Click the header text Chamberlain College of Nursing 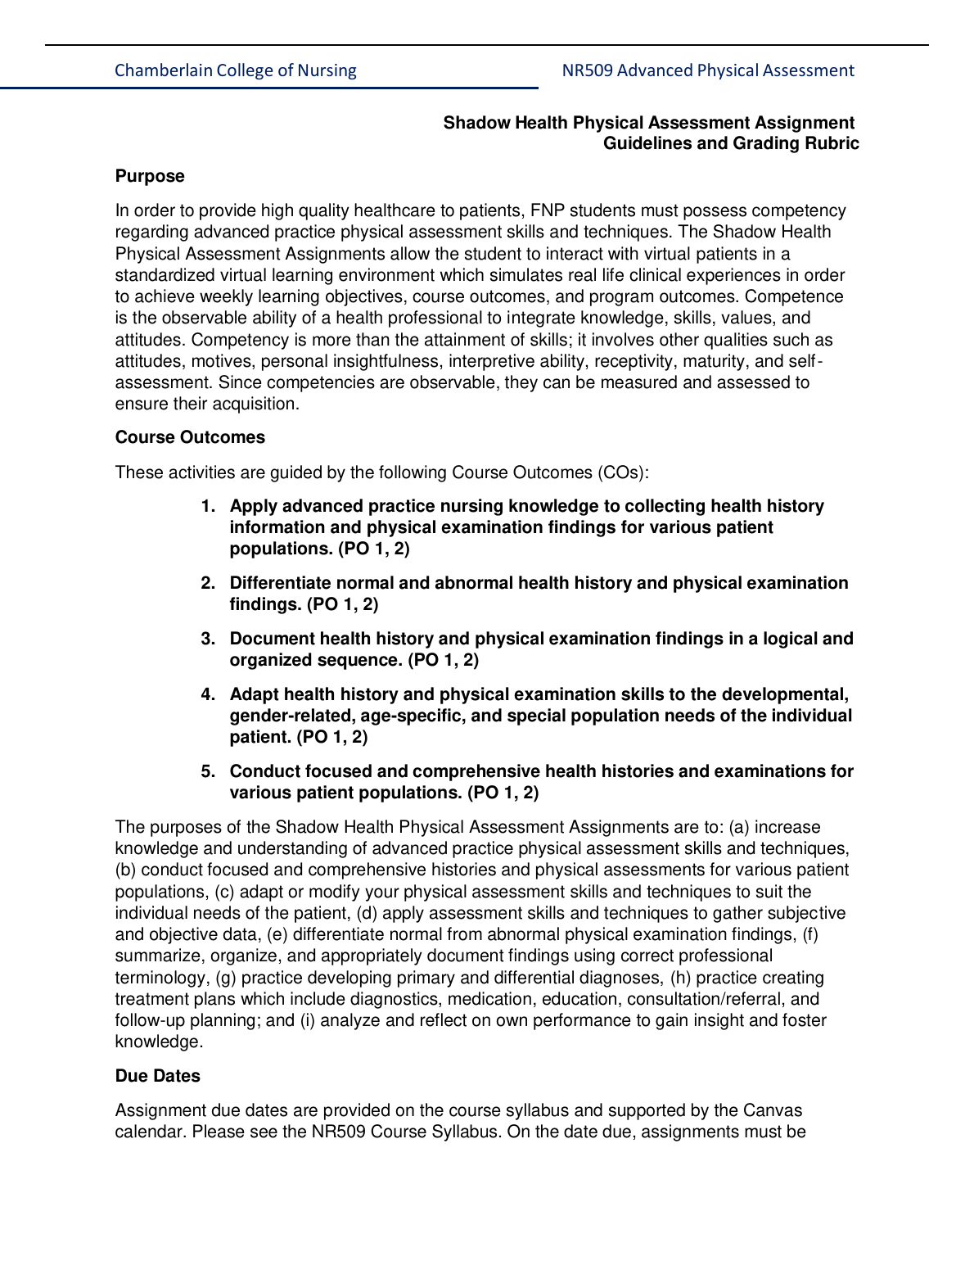point(235,70)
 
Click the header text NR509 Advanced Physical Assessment point(707,70)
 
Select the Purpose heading point(150,176)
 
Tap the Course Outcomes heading point(190,437)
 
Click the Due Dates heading point(157,1076)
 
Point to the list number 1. point(208,506)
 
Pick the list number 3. point(208,639)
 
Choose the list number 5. point(208,771)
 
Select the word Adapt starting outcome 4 point(254,694)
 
